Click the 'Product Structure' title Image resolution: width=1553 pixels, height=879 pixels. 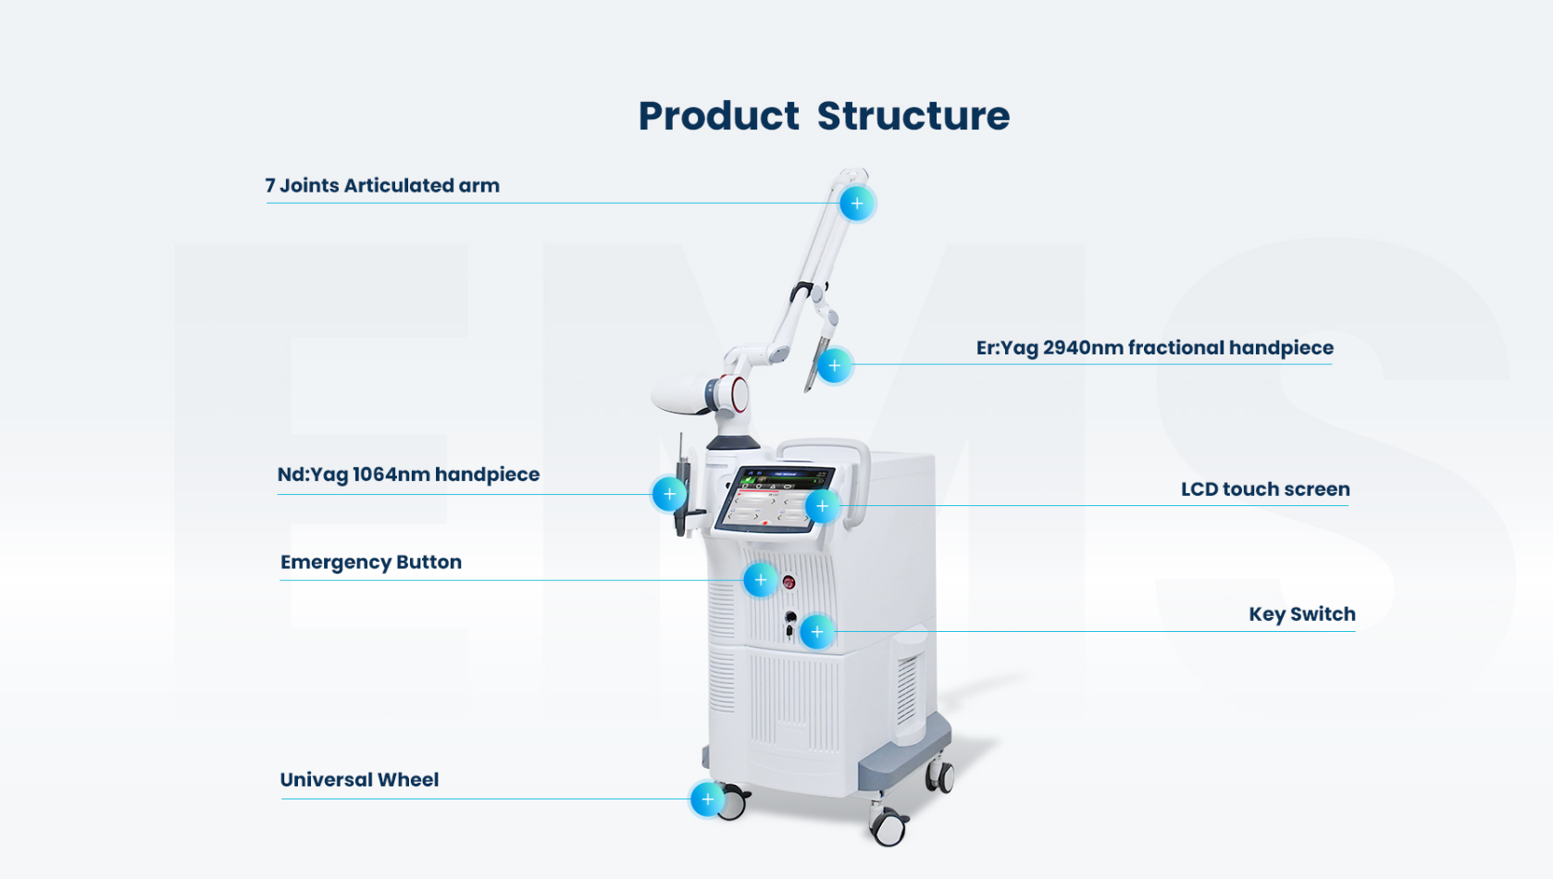pyautogui.click(x=824, y=117)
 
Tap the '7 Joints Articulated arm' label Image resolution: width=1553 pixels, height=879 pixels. pyautogui.click(x=382, y=185)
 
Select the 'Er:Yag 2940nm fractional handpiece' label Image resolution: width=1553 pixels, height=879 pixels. pyautogui.click(x=1154, y=348)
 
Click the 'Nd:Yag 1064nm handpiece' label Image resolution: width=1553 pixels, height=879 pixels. pyautogui.click(x=408, y=475)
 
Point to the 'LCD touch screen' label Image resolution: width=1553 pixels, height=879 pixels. pyautogui.click(x=1264, y=489)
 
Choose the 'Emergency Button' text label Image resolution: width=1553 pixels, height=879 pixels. pyautogui.click(x=370, y=563)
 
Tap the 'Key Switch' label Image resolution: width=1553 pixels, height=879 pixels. pyautogui.click(x=1301, y=614)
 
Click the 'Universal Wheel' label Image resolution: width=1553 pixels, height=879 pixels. pyautogui.click(x=359, y=780)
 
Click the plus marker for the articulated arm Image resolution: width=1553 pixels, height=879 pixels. pyautogui.click(x=857, y=204)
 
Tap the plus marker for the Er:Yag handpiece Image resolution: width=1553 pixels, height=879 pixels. pyautogui.click(x=834, y=365)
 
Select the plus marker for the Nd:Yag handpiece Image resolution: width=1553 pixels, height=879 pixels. pyautogui.click(x=669, y=494)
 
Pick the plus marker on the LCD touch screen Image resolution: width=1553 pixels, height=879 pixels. pyautogui.click(x=822, y=506)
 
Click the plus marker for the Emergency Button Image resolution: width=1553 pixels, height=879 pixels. pyautogui.click(x=760, y=580)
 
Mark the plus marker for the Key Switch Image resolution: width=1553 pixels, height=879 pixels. pyautogui.click(x=816, y=632)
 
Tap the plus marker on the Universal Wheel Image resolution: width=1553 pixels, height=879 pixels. pyautogui.click(x=707, y=799)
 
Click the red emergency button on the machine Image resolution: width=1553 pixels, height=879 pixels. pyautogui.click(x=789, y=582)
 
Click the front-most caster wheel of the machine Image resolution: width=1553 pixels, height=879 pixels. pyautogui.click(x=889, y=827)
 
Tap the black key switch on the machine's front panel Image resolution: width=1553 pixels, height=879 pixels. pyautogui.click(x=790, y=617)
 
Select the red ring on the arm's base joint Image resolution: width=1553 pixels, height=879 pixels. pyautogui.click(x=739, y=393)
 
